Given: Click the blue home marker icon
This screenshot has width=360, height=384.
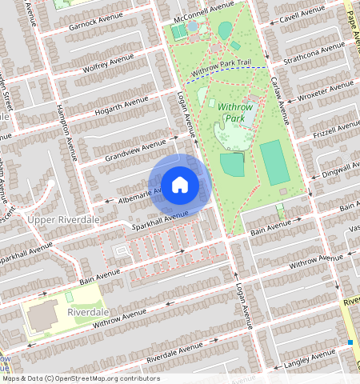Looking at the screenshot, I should tap(180, 184).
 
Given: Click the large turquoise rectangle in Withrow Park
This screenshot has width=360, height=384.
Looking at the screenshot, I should tap(274, 163).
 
